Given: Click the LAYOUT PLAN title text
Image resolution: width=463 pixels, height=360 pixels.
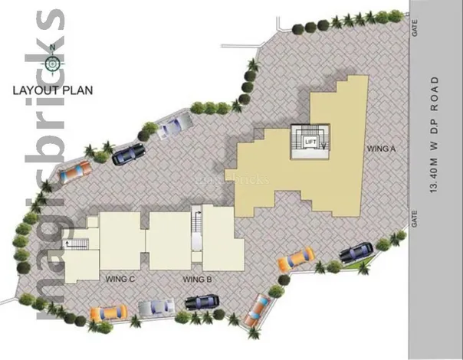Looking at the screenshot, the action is (x=53, y=90).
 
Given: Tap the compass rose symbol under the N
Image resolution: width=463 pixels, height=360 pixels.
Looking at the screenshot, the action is (x=53, y=64).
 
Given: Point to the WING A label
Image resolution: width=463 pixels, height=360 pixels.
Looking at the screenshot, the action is (x=381, y=149).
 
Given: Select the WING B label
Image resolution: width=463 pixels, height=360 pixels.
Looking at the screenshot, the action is (x=197, y=279).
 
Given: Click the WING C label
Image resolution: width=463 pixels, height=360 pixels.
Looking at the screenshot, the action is (x=120, y=279).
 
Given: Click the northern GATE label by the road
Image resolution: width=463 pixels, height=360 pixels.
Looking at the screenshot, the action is (x=415, y=28).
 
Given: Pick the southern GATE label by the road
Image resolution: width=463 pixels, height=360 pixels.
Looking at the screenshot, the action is (x=415, y=218).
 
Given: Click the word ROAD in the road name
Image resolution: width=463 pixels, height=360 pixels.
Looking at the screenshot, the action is (x=435, y=94).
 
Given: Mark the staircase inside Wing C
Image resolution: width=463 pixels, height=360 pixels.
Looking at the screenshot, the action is (x=76, y=244).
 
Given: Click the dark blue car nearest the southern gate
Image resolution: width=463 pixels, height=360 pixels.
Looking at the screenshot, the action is (x=356, y=252).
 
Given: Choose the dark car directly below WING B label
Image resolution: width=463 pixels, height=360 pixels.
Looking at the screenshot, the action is (x=202, y=302).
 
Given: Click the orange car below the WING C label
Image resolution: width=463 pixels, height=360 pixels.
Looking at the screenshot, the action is (x=109, y=313).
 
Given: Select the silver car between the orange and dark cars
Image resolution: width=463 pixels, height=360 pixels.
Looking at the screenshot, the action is (x=156, y=307).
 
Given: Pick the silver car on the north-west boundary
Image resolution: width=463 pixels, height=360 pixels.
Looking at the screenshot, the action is (x=175, y=126).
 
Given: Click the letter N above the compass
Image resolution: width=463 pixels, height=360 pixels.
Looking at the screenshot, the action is (x=53, y=47).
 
